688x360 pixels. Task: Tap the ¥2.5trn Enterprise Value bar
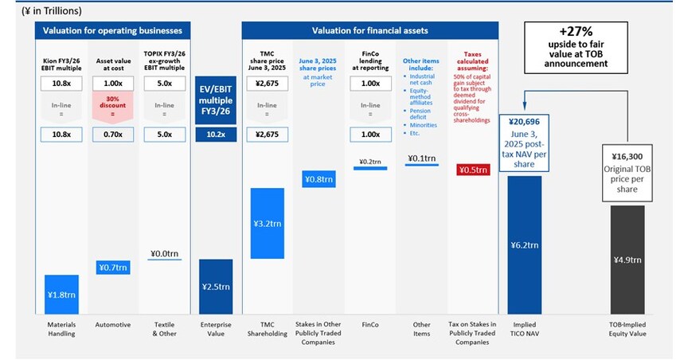click(x=215, y=286)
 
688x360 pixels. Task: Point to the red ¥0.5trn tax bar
click(x=473, y=170)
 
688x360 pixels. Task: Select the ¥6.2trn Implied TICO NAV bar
click(x=525, y=245)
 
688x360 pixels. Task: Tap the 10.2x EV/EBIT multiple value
click(x=215, y=135)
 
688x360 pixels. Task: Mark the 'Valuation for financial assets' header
click(x=370, y=30)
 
